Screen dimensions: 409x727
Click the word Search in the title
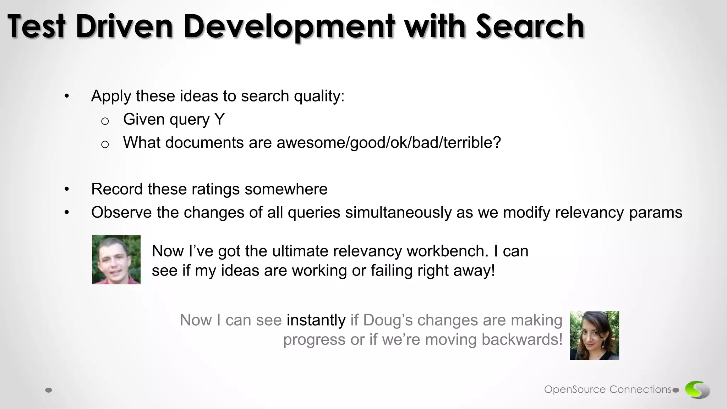pos(530,26)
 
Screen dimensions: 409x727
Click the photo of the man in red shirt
pos(116,260)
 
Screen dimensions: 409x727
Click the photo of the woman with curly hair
pos(594,336)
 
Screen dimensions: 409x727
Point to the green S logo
pos(697,389)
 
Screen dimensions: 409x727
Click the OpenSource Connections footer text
pos(607,389)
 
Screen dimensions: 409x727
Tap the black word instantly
pos(316,320)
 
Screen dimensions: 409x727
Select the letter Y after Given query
pos(219,119)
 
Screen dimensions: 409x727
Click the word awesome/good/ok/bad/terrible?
pos(389,143)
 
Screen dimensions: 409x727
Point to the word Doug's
pos(388,320)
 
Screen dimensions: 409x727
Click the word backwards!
pos(522,340)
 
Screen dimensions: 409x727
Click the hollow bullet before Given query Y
pos(105,121)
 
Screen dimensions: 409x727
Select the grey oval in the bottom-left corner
pos(49,390)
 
